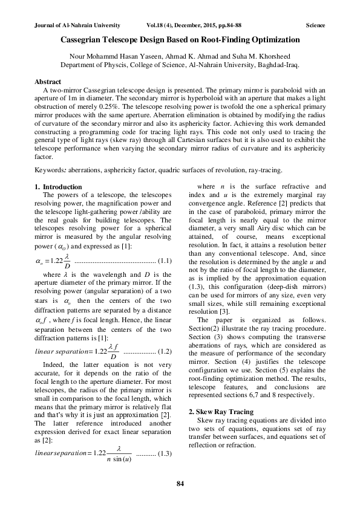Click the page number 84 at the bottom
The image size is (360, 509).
pyautogui.click(x=180, y=484)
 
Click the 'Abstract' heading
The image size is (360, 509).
pyautogui.click(x=48, y=82)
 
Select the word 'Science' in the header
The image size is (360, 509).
pyautogui.click(x=315, y=26)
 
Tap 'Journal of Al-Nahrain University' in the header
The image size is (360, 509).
pyautogui.click(x=74, y=26)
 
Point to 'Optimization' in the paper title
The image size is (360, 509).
pyautogui.click(x=275, y=40)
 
